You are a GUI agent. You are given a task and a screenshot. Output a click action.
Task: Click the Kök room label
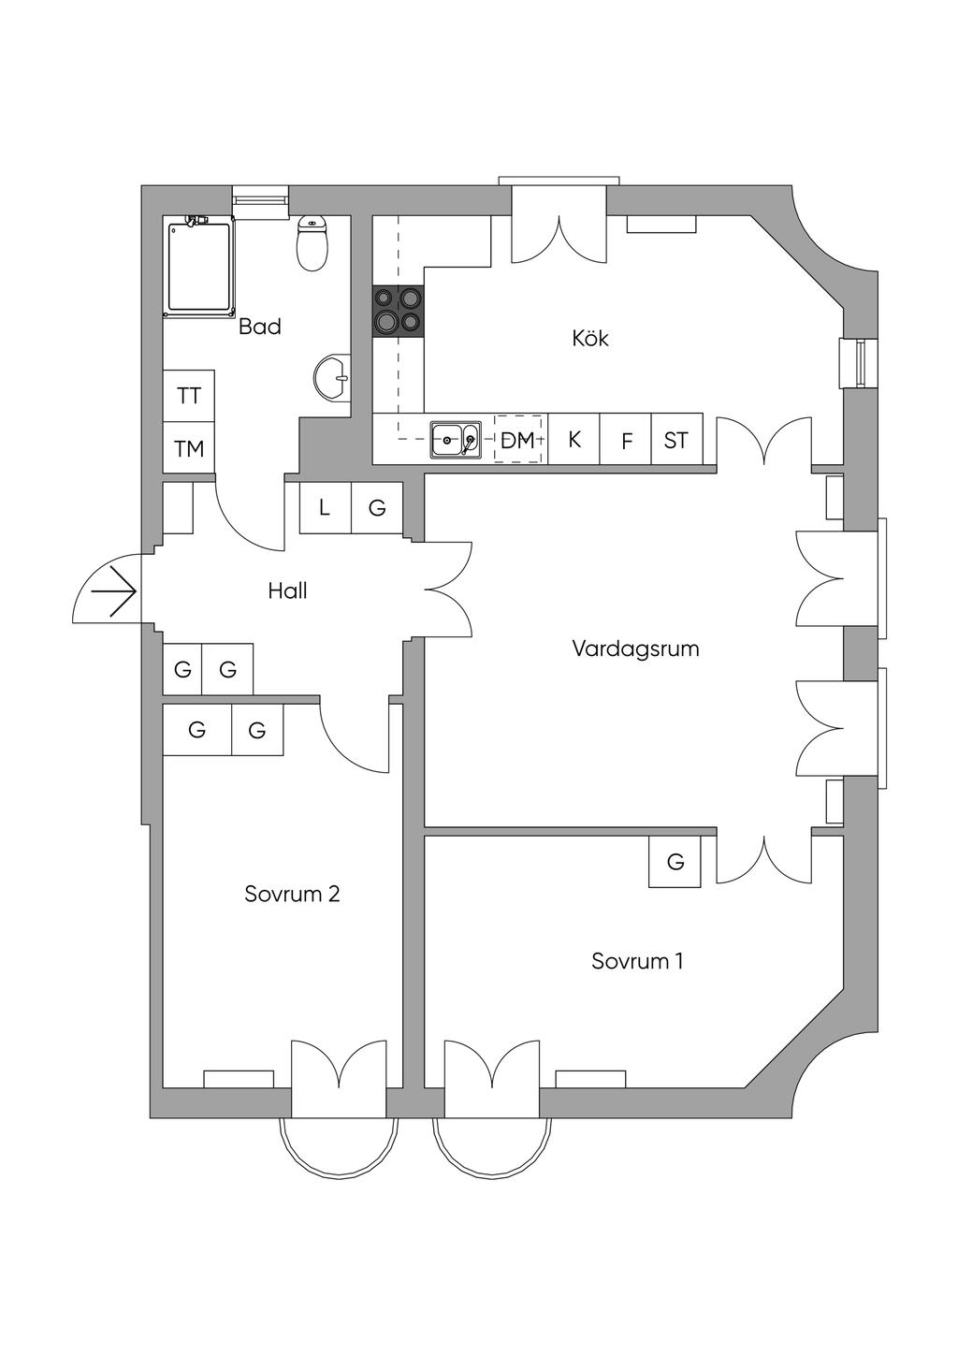[590, 338]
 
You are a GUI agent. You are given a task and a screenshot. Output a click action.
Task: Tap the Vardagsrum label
[635, 649]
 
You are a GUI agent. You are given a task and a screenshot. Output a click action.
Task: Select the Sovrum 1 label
[637, 961]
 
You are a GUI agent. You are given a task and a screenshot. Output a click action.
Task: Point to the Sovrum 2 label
[292, 894]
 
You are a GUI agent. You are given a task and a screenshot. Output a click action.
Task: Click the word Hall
[288, 590]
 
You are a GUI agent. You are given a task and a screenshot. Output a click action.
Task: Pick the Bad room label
[260, 327]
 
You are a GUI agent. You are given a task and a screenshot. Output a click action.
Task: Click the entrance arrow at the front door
[113, 590]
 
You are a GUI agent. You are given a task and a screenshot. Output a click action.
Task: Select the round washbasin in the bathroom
[332, 378]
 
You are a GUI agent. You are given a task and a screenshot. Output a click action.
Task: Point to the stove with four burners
[399, 311]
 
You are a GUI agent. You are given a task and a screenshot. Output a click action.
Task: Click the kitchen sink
[456, 439]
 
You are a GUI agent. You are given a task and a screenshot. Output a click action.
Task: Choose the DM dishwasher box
[517, 439]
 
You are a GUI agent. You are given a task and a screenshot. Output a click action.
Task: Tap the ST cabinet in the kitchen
[676, 439]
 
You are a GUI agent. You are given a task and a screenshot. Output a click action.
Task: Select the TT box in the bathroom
[189, 396]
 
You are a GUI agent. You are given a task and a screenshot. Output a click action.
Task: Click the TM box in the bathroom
[189, 447]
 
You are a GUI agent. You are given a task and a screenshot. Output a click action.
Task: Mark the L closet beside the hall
[326, 508]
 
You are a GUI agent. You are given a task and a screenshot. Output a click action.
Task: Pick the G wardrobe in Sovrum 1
[675, 862]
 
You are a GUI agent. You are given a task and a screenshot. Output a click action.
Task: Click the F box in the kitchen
[625, 439]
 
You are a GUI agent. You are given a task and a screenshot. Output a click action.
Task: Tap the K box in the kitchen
[573, 439]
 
